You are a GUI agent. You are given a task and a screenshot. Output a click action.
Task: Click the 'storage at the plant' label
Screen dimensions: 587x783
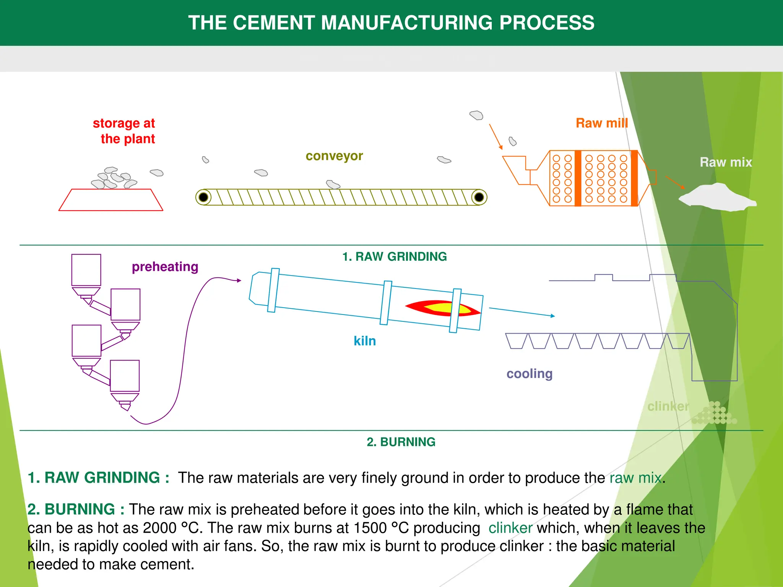124,131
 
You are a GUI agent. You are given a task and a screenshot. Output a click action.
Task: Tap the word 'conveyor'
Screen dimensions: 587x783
334,156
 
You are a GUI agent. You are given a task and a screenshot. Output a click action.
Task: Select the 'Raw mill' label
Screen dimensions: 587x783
602,123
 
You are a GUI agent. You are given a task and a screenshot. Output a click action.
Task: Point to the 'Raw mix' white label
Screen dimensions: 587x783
726,162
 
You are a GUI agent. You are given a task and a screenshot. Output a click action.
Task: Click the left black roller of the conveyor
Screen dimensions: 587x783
203,197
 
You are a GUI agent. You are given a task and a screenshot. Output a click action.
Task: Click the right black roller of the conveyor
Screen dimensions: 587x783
479,197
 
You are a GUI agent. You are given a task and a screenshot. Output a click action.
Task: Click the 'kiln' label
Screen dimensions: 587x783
365,341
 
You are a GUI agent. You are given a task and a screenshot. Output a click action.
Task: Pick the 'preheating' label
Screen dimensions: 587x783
165,267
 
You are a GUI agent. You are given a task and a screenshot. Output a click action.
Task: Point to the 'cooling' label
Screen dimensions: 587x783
530,373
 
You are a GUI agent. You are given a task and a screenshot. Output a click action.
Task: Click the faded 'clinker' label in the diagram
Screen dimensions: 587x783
668,406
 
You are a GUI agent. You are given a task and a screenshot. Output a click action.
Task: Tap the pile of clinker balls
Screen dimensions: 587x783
714,414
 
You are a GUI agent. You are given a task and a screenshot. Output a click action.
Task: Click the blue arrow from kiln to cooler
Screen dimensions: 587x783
522,312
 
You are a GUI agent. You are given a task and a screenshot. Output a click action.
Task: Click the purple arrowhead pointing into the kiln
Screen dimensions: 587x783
239,281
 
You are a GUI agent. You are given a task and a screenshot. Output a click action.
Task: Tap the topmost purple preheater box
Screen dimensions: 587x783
86,270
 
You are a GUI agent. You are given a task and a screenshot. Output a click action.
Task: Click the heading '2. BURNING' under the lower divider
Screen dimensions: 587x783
401,442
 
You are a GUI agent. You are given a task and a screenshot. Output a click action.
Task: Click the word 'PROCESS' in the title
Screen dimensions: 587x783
547,23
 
